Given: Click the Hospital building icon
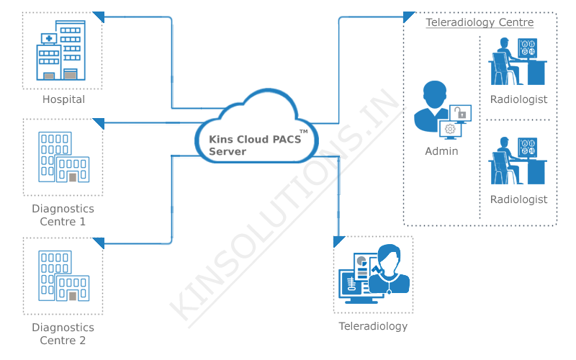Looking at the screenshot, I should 61,51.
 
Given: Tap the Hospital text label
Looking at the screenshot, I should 63,99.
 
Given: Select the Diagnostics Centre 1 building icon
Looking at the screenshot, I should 63,157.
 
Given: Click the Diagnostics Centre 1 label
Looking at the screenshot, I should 63,215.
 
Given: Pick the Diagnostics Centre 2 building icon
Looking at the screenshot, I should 63,276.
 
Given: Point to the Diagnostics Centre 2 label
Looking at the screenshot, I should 63,334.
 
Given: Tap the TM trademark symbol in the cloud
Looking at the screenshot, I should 303,132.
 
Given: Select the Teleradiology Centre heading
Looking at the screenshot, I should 480,22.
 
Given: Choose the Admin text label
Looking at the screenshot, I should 441,151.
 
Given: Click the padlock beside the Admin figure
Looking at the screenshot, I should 460,113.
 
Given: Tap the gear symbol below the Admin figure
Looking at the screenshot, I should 451,129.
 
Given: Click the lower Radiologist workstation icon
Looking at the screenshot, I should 518,161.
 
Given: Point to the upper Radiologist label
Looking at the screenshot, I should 518,99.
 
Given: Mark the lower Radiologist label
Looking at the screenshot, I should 518,199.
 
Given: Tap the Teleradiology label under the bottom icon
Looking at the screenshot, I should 373,326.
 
